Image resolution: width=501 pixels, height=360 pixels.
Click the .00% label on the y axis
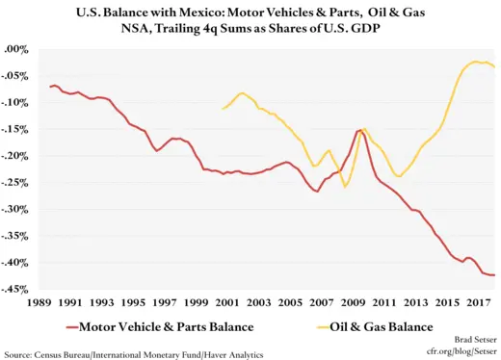(x=18, y=49)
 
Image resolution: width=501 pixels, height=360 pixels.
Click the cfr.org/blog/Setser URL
(x=460, y=352)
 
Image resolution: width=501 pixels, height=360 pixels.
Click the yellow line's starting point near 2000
(x=223, y=109)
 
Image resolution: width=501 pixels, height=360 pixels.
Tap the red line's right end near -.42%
(x=495, y=275)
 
